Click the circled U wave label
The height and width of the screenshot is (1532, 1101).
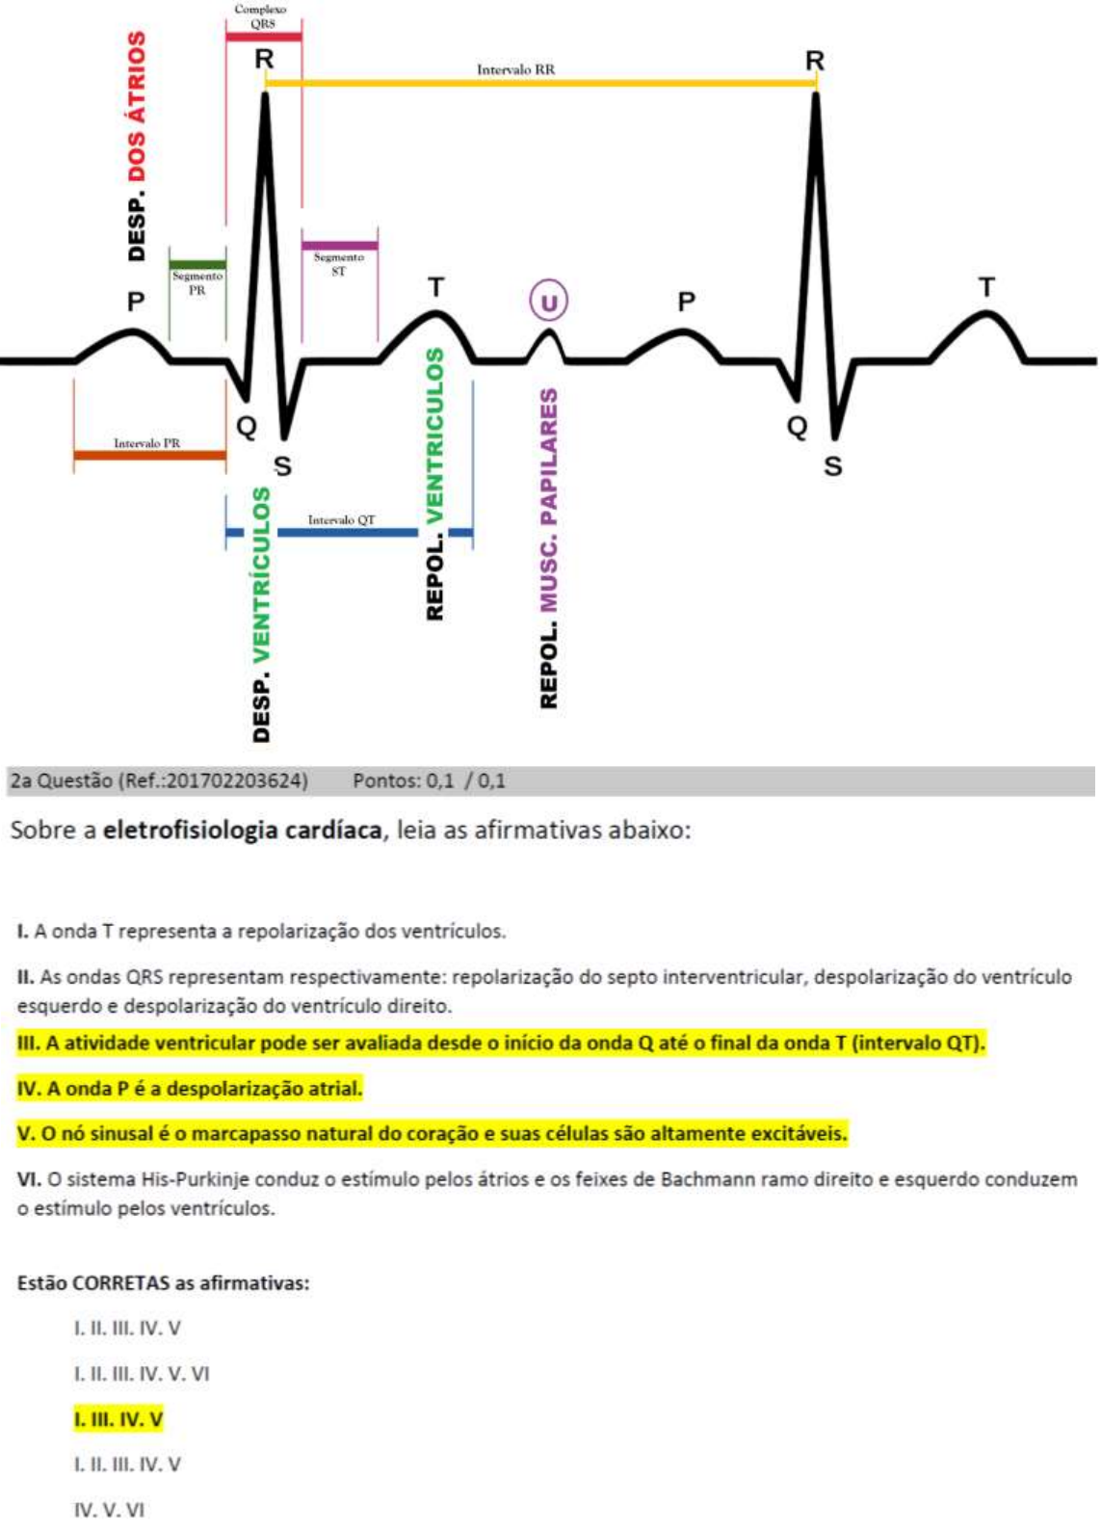click(548, 303)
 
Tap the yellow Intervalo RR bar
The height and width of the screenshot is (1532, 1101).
click(539, 83)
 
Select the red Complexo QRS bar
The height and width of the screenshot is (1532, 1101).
click(263, 37)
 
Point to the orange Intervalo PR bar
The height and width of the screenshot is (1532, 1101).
click(149, 455)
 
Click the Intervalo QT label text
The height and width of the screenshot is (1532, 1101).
click(341, 520)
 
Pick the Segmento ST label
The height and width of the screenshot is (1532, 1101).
click(338, 264)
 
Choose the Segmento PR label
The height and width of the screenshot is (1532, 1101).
click(197, 282)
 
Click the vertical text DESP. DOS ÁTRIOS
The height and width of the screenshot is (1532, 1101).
click(137, 145)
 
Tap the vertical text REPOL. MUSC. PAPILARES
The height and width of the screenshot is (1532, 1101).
click(548, 548)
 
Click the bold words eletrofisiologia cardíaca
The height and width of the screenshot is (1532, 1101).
click(242, 830)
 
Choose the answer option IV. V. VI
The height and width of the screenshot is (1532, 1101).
click(109, 1510)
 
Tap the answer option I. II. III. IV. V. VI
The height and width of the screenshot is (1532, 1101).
click(142, 1374)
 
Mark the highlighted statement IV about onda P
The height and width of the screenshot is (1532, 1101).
click(190, 1089)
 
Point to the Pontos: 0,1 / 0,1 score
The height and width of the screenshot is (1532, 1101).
click(429, 780)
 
